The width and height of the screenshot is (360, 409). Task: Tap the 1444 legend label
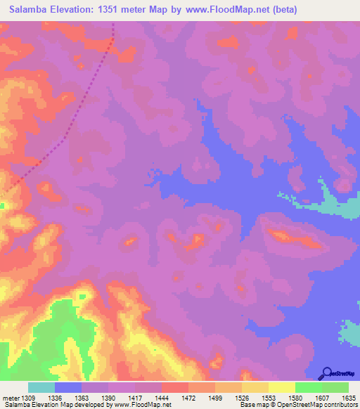(162, 398)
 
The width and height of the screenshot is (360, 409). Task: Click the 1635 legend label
(348, 398)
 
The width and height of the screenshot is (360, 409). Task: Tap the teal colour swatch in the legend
(41, 387)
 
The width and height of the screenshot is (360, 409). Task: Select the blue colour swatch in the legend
(68, 387)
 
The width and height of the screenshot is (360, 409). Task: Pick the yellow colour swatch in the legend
(281, 387)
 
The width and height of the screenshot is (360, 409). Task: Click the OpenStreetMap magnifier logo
(327, 372)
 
